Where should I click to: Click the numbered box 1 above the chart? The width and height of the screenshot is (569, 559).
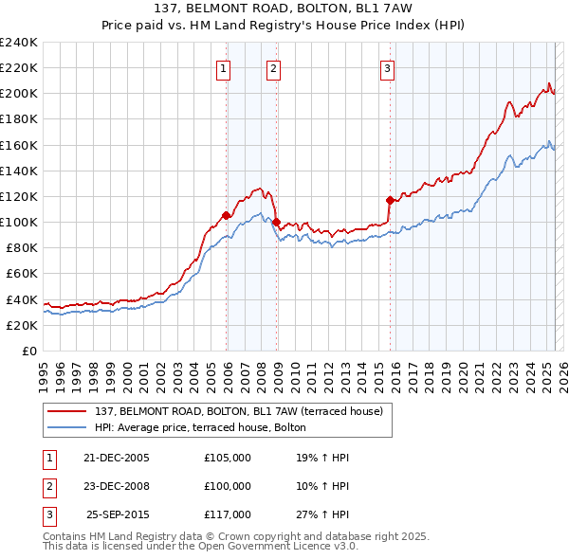[x=223, y=67]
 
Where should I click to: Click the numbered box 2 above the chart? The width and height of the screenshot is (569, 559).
[x=273, y=67]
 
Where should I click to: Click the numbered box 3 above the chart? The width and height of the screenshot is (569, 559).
[x=388, y=67]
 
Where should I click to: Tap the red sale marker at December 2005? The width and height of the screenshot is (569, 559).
[x=227, y=215]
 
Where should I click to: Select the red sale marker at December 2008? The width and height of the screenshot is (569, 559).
[x=276, y=222]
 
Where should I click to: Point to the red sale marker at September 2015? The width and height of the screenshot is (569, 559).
[x=390, y=200]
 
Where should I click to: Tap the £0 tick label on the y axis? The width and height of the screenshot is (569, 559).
[x=29, y=351]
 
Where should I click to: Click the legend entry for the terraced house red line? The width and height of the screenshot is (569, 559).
[x=238, y=411]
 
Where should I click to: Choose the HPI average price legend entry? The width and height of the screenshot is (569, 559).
[x=200, y=427]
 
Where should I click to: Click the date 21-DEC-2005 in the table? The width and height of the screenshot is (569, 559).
[x=116, y=458]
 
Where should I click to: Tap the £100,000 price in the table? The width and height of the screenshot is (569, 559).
[x=228, y=486]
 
